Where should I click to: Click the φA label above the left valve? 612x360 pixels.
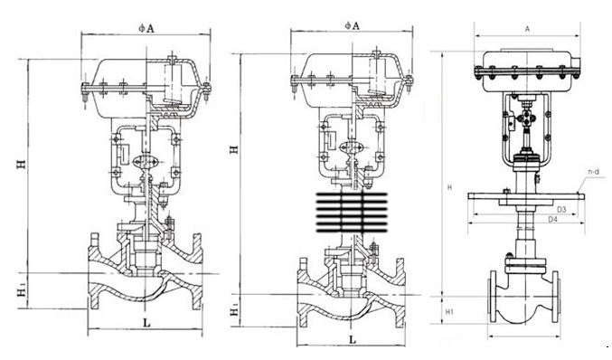[146, 28]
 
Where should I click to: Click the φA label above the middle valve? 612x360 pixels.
[352, 25]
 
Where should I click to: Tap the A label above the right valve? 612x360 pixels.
[527, 29]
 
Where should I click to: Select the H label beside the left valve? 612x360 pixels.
[22, 164]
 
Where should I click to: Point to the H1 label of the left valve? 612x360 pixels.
[22, 291]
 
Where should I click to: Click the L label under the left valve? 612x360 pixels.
[146, 323]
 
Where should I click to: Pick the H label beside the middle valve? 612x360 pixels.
[233, 149]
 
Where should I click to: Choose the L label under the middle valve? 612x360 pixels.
[353, 340]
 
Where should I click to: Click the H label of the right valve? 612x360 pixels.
[449, 188]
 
